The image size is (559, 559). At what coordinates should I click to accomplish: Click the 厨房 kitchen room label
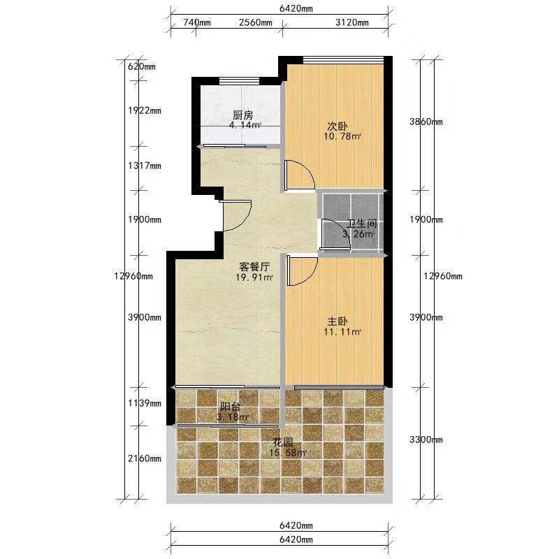[x=242, y=115]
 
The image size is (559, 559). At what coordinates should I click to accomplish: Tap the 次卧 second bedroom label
[x=337, y=126]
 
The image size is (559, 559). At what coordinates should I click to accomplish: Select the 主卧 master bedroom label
[x=337, y=321]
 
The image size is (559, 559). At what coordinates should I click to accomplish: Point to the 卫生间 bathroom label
[x=362, y=224]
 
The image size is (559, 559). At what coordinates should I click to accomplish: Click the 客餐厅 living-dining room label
[x=254, y=267]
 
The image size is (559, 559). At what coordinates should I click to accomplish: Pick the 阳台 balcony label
[x=231, y=407]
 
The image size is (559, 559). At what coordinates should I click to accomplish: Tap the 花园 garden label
[x=283, y=442]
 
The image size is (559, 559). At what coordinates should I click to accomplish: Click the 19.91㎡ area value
[x=254, y=277]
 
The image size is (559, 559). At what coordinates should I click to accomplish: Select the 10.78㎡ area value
[x=342, y=136]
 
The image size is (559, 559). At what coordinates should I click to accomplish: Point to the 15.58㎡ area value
[x=287, y=453]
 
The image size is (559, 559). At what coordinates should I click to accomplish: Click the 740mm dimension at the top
[x=197, y=22]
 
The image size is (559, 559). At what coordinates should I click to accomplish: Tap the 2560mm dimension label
[x=256, y=22]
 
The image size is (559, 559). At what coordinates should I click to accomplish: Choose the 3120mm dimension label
[x=352, y=22]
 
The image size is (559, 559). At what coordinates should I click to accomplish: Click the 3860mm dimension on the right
[x=426, y=122]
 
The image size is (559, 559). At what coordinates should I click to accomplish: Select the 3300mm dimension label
[x=426, y=440]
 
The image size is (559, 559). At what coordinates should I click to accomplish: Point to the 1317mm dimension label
[x=145, y=166]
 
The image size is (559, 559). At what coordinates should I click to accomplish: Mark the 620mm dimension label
[x=142, y=66]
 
